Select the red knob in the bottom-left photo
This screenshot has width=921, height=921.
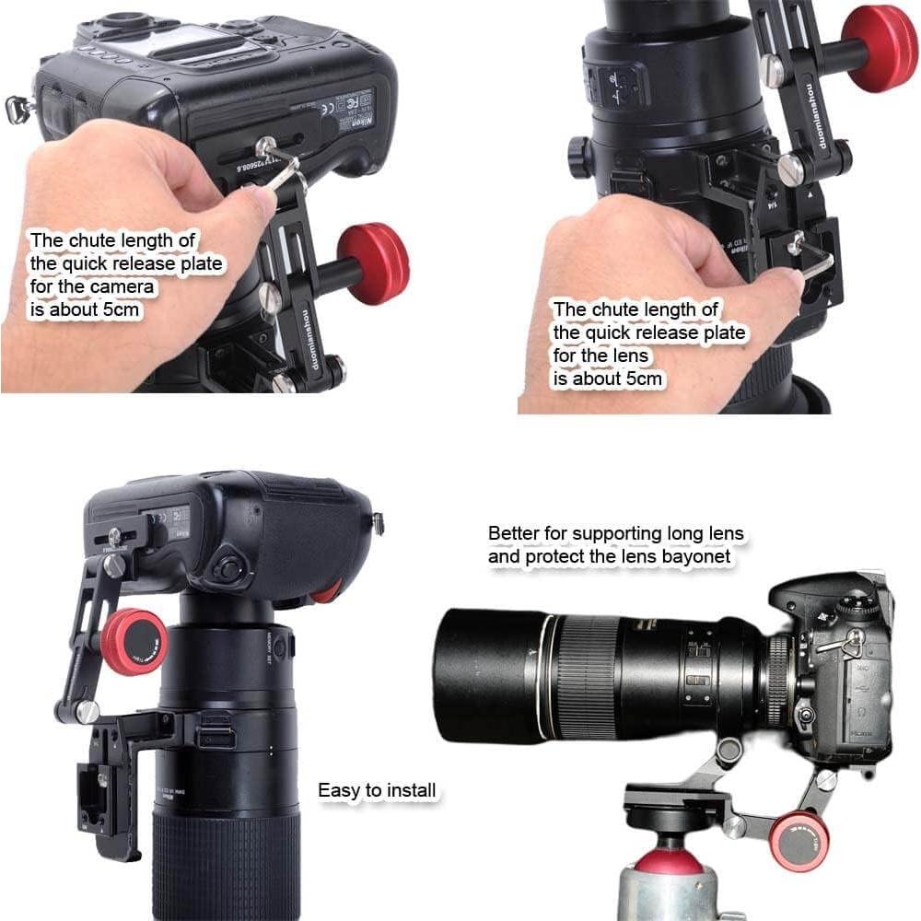click(x=134, y=641)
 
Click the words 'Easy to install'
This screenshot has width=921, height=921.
click(x=377, y=790)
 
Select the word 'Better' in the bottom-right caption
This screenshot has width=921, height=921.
click(x=510, y=533)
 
